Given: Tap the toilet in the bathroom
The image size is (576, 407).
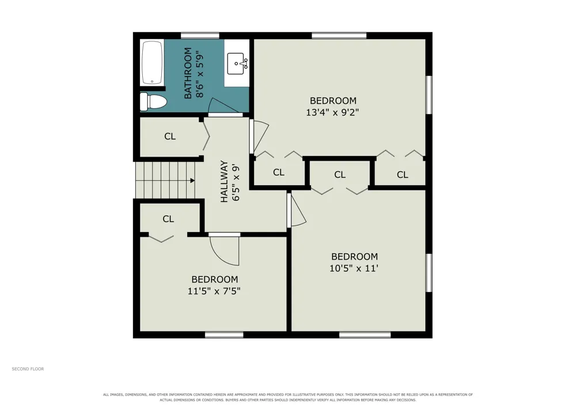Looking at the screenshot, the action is pyautogui.click(x=153, y=102).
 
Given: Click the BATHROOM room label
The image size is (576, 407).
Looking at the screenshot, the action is pyautogui.click(x=188, y=73).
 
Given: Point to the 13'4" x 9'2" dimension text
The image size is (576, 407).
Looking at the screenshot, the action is pyautogui.click(x=332, y=112).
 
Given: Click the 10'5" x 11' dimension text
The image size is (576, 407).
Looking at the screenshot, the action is pyautogui.click(x=354, y=268).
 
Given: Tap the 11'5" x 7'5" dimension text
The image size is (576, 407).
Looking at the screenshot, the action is pyautogui.click(x=214, y=291).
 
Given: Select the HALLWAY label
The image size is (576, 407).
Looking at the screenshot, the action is pyautogui.click(x=224, y=182).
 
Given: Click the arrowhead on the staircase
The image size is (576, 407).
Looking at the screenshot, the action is pyautogui.click(x=192, y=181).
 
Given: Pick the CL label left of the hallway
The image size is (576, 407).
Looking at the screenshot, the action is pyautogui.click(x=170, y=136).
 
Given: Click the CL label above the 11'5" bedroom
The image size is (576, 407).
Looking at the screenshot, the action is pyautogui.click(x=168, y=219).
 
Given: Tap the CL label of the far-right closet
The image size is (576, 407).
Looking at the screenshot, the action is pyautogui.click(x=403, y=174).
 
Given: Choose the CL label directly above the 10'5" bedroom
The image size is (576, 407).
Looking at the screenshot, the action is pyautogui.click(x=340, y=174).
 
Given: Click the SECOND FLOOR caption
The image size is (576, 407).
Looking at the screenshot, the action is pyautogui.click(x=28, y=369).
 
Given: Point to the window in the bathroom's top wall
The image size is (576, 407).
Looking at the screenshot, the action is pyautogui.click(x=200, y=36).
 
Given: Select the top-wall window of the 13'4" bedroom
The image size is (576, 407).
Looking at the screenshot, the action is pyautogui.click(x=339, y=36).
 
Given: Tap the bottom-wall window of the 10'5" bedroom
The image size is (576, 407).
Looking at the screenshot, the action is pyautogui.click(x=365, y=334).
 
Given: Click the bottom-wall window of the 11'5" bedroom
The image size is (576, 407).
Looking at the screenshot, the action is pyautogui.click(x=224, y=334).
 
